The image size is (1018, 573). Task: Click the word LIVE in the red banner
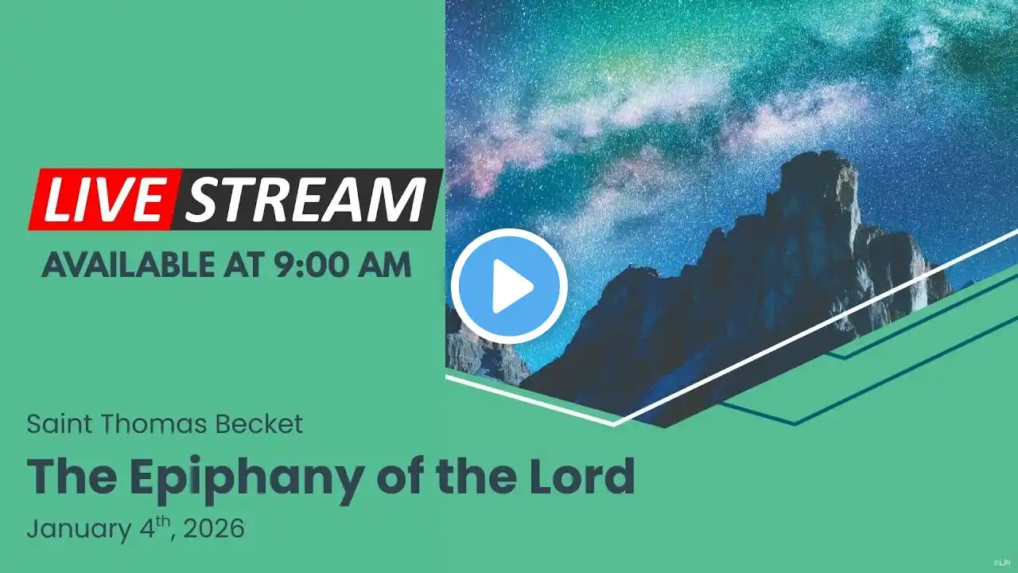103,200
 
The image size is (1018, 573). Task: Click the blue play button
509,286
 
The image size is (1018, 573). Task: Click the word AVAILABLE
127,265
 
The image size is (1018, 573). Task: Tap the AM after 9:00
384,265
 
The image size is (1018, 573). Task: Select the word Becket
259,424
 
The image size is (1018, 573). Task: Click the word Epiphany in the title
247,479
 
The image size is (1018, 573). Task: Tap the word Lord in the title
581,476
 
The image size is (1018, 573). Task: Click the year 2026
214,528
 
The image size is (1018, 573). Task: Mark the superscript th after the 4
163,521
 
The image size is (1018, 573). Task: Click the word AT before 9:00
243,265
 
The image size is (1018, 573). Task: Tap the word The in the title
72,476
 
